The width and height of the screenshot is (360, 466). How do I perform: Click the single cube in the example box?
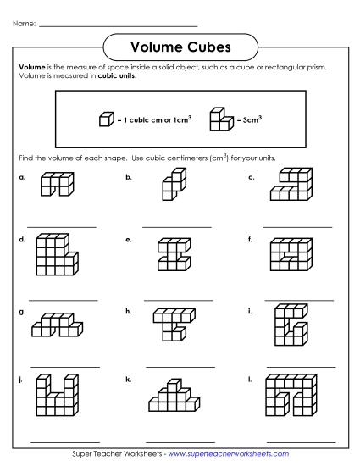pyautogui.click(x=106, y=119)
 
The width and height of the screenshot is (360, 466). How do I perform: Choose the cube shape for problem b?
pyautogui.click(x=174, y=185)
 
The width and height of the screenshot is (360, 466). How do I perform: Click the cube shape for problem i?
pyautogui.click(x=289, y=325)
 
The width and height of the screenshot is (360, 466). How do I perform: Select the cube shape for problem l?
pyautogui.click(x=291, y=396)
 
